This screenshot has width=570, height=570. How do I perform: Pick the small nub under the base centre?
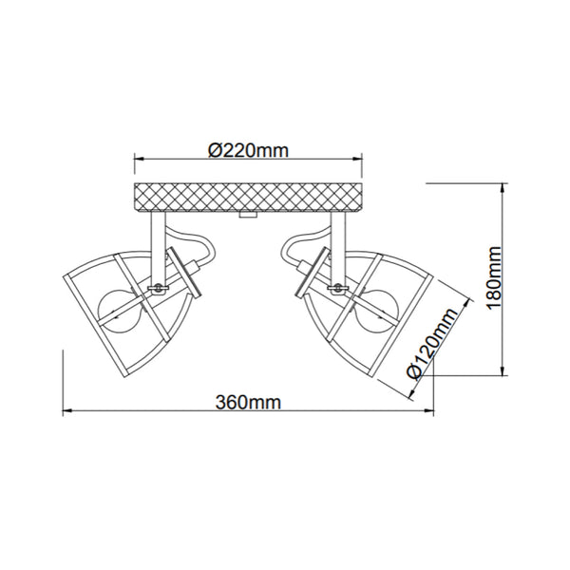click(248, 218)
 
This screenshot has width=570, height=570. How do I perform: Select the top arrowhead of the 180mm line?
click(502, 184)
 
